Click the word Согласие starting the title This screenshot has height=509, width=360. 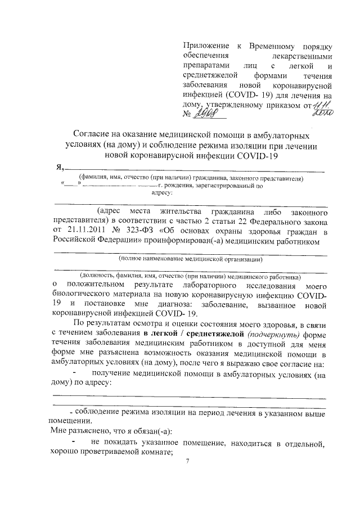click(94, 135)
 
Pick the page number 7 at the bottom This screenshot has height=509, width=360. click(188, 461)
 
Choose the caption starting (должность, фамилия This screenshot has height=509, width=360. click(190, 277)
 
